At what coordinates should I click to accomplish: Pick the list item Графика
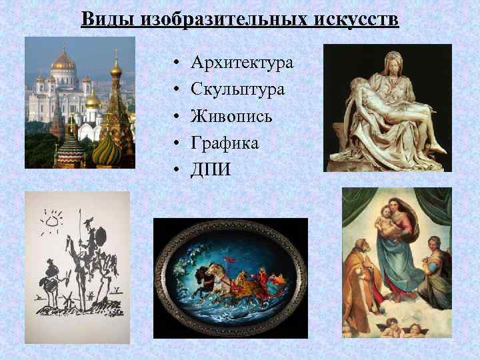point(225,143)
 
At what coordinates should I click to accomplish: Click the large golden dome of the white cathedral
point(63,61)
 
